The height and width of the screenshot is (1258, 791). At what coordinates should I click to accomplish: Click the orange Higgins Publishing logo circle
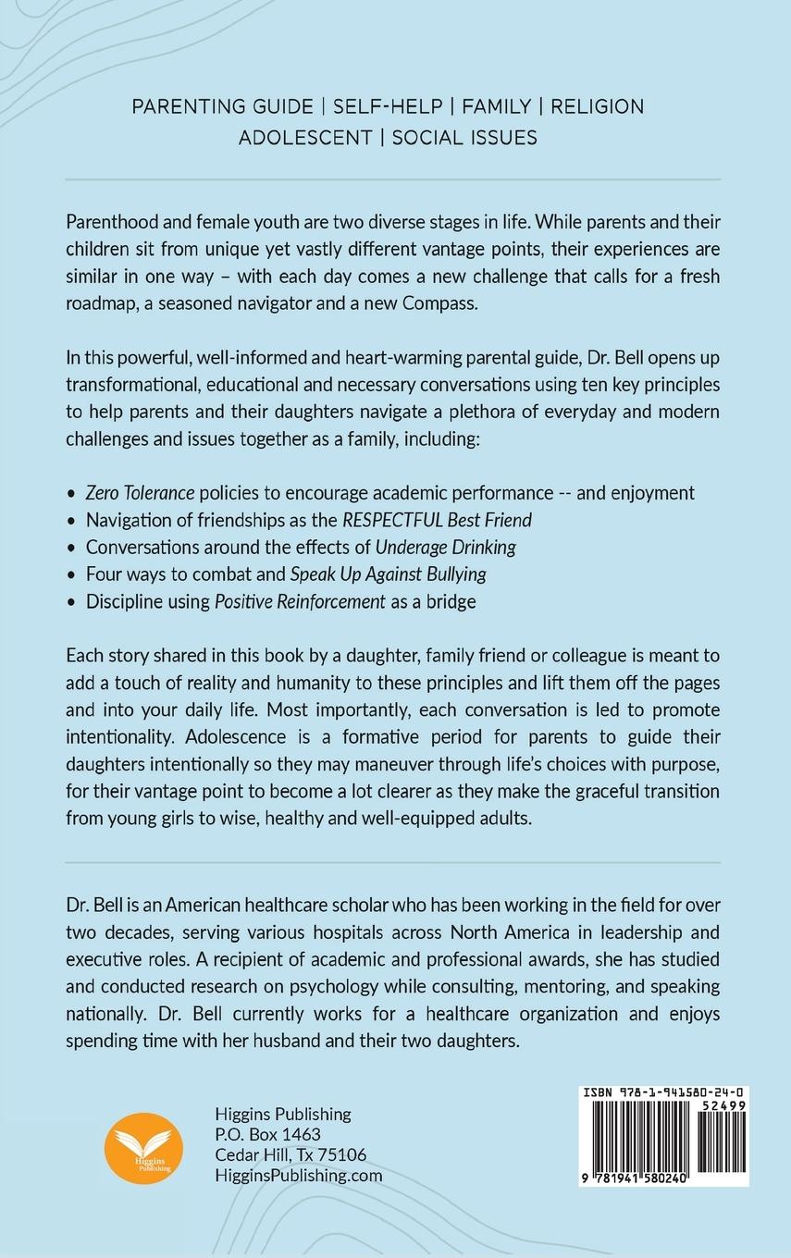pyautogui.click(x=144, y=1147)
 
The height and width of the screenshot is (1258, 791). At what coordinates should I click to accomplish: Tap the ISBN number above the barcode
pyautogui.click(x=664, y=1092)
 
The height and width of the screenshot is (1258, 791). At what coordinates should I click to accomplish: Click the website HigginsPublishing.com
pyautogui.click(x=298, y=1175)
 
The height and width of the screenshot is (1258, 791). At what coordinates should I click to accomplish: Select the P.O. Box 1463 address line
pyautogui.click(x=267, y=1134)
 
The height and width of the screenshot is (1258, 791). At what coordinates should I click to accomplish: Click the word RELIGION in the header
pyautogui.click(x=598, y=106)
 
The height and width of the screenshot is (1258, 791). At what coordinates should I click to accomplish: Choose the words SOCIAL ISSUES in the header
pyautogui.click(x=464, y=138)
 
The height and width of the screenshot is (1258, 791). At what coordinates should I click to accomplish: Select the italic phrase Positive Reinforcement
pyautogui.click(x=300, y=601)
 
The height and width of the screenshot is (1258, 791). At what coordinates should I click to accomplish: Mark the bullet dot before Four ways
pyautogui.click(x=72, y=574)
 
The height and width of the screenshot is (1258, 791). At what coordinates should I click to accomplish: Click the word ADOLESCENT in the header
pyautogui.click(x=306, y=138)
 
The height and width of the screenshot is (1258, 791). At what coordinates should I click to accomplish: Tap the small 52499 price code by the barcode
pyautogui.click(x=724, y=1106)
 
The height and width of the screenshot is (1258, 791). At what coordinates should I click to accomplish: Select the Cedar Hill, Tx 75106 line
pyautogui.click(x=290, y=1154)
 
